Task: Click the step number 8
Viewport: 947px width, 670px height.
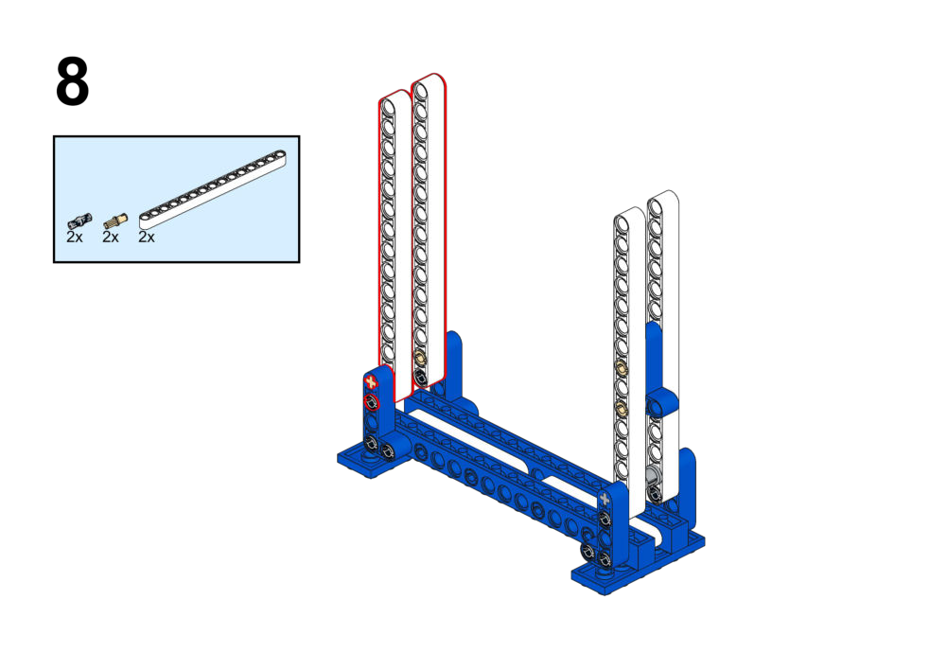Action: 73,81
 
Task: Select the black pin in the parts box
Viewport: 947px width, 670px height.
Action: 79,220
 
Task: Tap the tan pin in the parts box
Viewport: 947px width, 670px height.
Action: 115,220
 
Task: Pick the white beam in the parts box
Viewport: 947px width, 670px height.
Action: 213,189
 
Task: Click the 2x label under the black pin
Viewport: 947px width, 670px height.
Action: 75,237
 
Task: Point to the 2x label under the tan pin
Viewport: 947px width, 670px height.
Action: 111,237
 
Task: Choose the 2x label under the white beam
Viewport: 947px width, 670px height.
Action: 147,237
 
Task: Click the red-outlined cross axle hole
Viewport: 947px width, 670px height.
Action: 370,381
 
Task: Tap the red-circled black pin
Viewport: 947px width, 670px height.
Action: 371,402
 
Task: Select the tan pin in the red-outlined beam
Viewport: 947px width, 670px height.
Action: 420,359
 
